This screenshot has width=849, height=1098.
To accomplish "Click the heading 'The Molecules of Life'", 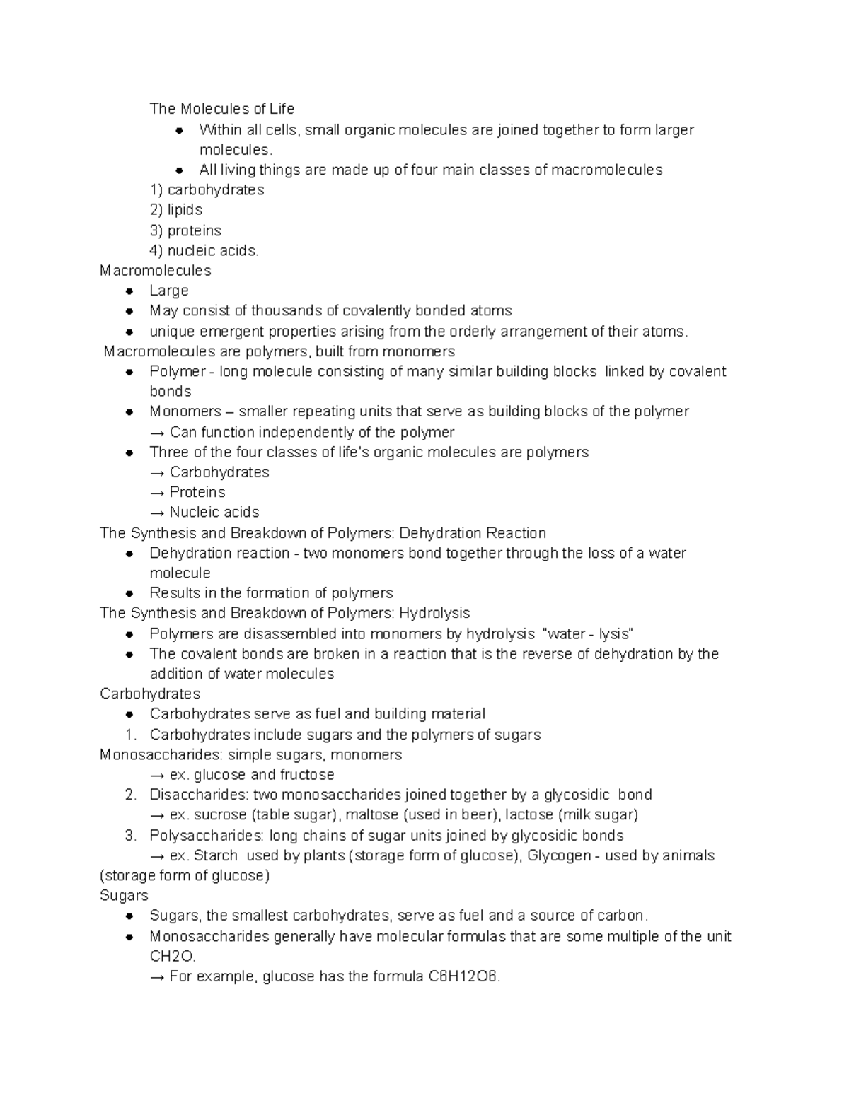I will [x=221, y=109].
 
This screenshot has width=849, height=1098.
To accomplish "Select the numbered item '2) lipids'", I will [x=175, y=210].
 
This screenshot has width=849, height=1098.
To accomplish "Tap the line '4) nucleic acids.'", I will [x=204, y=250].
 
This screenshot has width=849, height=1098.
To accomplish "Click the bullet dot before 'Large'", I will [x=129, y=291].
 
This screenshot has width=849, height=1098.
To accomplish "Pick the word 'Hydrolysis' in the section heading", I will [x=434, y=613].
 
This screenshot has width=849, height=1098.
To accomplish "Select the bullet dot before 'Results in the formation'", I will [x=129, y=593].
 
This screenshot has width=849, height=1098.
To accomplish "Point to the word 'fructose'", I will [x=306, y=775].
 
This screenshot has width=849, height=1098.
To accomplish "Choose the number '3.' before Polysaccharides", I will [x=130, y=836].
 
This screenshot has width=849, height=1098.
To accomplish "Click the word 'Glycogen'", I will [x=559, y=856].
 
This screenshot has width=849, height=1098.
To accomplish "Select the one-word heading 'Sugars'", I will [x=124, y=896].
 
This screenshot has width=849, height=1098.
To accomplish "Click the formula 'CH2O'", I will [x=172, y=957].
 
